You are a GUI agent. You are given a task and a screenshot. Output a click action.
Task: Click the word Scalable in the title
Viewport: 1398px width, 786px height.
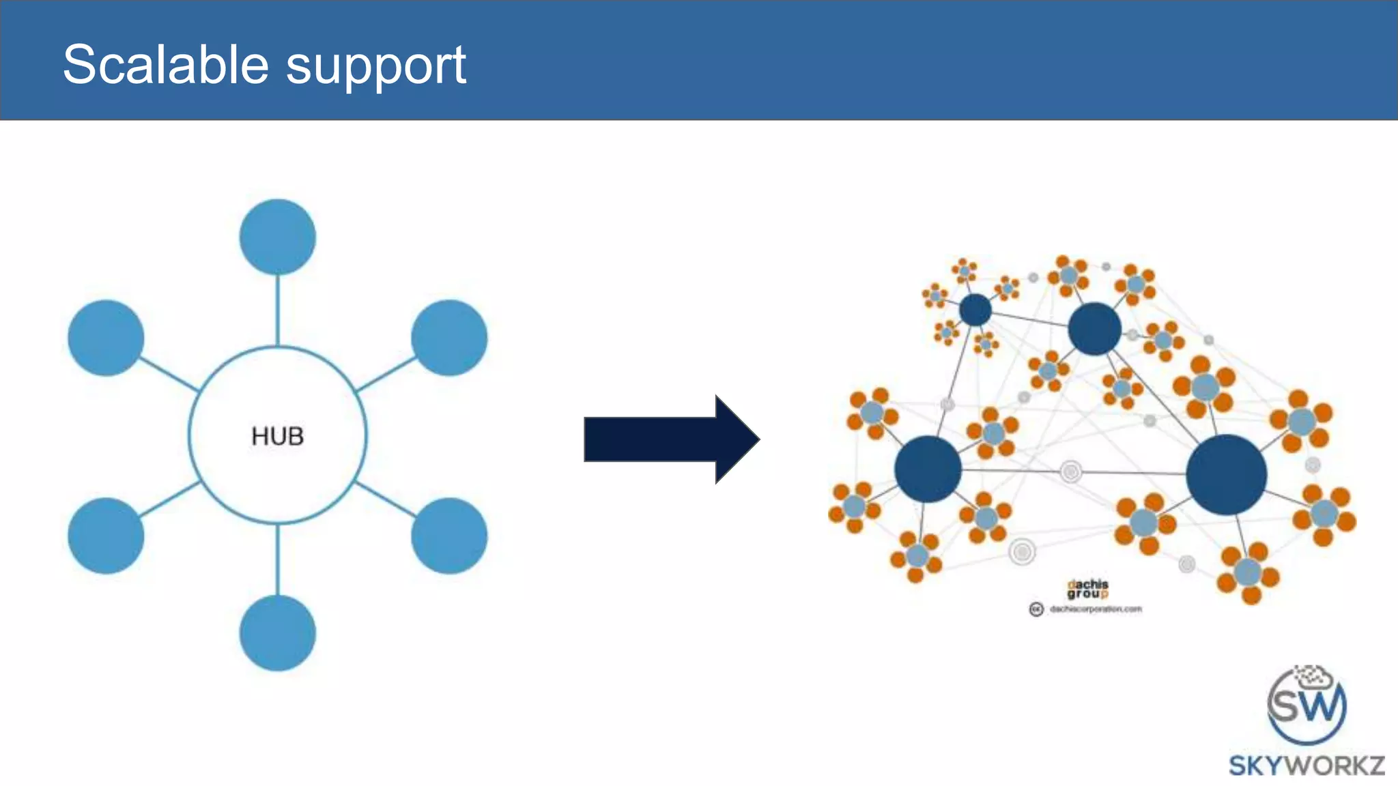click(x=166, y=65)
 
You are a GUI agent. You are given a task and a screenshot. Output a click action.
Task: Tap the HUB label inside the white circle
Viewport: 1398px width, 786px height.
click(x=277, y=436)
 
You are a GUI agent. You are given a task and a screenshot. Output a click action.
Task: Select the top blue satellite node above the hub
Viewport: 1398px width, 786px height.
click(x=277, y=237)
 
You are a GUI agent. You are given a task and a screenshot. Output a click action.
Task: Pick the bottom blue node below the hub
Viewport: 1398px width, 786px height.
click(x=277, y=633)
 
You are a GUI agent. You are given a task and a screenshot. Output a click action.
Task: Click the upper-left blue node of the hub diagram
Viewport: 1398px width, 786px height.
click(x=106, y=338)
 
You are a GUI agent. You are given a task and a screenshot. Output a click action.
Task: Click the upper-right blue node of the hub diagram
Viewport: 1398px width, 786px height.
click(x=449, y=338)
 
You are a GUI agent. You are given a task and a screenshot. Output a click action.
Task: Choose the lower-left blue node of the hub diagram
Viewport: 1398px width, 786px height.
click(x=106, y=536)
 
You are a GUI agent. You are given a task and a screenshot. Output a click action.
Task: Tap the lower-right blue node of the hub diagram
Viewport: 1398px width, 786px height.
click(x=449, y=536)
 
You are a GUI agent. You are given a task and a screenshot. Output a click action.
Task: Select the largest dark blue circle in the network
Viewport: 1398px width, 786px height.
click(x=1226, y=475)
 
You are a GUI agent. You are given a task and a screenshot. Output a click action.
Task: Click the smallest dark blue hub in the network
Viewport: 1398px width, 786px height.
click(x=975, y=310)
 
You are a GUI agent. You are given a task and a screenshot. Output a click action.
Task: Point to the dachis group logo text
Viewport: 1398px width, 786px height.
click(x=1087, y=589)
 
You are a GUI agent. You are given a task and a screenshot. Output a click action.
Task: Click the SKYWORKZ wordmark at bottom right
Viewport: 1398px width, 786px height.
click(x=1306, y=766)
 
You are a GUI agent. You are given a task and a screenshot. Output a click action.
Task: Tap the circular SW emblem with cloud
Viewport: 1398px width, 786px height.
click(x=1306, y=706)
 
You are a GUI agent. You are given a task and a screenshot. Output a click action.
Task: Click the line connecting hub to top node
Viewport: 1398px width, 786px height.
click(x=277, y=310)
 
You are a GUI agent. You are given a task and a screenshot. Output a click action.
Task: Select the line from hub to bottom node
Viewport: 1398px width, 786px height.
click(x=277, y=559)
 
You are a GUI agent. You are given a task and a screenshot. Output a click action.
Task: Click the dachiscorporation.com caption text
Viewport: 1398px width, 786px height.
click(x=1095, y=609)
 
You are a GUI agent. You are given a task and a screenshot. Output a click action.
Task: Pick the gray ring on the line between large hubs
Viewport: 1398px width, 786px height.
click(x=1070, y=471)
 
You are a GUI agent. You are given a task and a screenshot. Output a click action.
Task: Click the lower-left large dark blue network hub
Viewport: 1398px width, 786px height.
click(x=928, y=469)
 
